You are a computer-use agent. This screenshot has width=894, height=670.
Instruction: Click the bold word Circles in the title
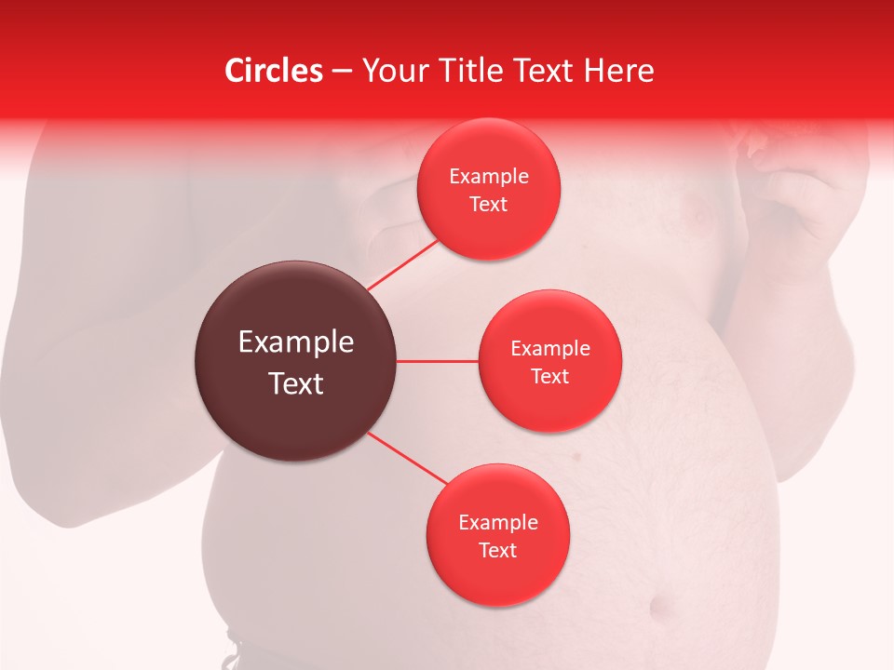click(x=274, y=71)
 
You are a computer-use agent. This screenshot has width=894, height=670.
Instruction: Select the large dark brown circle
click(x=295, y=361)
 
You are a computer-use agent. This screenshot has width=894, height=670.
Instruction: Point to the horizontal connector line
click(x=438, y=361)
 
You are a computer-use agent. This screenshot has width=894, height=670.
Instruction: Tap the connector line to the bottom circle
click(x=407, y=458)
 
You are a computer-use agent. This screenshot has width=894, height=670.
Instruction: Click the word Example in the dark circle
click(x=295, y=342)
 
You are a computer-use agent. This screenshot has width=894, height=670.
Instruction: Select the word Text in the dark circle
click(x=295, y=383)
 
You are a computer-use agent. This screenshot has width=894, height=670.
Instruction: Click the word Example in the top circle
click(x=488, y=177)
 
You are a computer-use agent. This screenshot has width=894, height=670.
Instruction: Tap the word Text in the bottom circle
click(x=497, y=551)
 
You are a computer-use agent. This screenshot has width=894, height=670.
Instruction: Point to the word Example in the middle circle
click(x=549, y=349)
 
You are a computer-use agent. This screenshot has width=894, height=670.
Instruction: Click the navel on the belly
click(x=663, y=608)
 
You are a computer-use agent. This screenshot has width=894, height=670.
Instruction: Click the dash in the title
click(x=341, y=72)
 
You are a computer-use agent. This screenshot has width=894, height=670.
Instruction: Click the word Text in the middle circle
click(x=549, y=377)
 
